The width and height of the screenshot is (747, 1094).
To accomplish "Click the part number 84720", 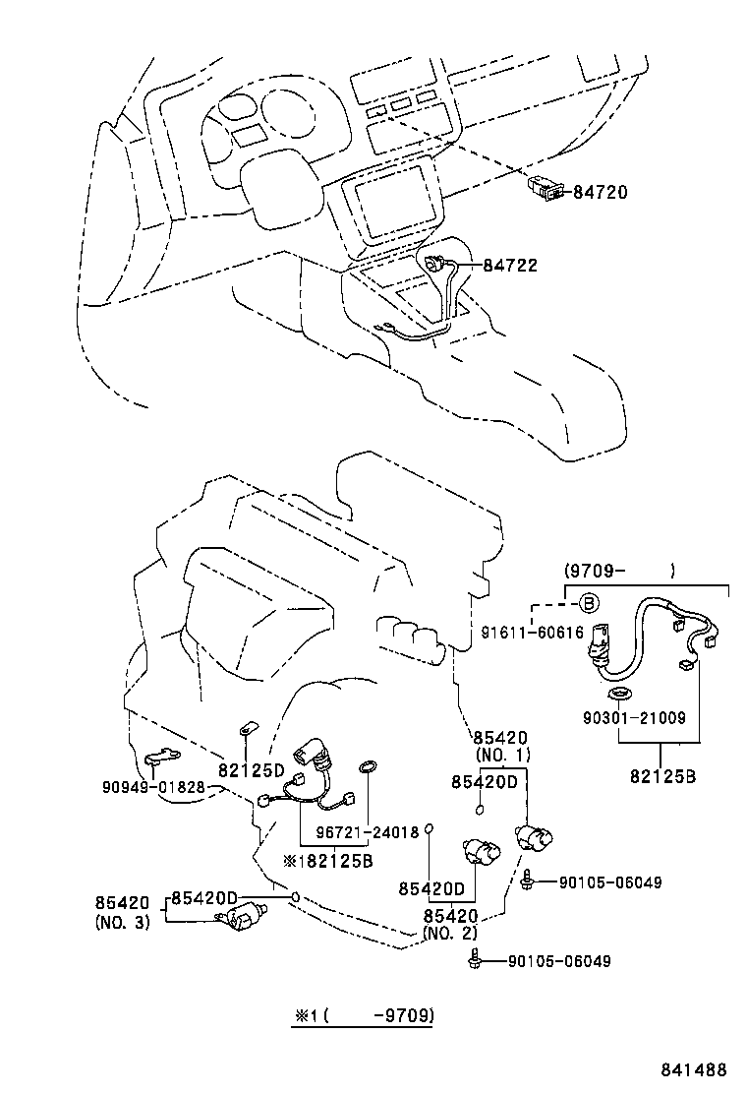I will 600,191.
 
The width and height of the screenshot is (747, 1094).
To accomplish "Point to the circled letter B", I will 587,602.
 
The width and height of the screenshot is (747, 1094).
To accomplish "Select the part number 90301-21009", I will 632,719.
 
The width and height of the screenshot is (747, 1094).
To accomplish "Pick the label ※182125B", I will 327,859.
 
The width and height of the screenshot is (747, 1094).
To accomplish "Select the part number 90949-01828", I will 153,786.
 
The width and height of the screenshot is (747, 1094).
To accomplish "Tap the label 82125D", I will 251,768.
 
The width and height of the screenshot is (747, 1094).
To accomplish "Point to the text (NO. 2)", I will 450,932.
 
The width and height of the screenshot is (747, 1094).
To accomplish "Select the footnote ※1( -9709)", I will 364,1014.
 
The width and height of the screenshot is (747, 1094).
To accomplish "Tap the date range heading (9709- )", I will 619,570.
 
